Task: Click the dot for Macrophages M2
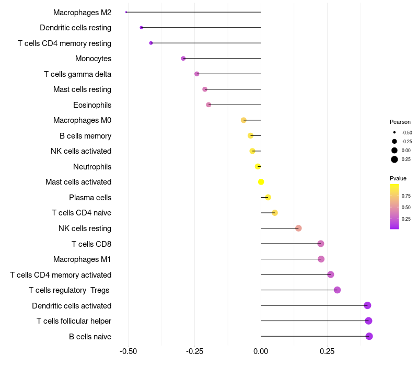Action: click(x=126, y=12)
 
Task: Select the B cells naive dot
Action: click(x=369, y=336)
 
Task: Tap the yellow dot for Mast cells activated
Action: click(x=261, y=182)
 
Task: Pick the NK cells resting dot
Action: click(x=298, y=228)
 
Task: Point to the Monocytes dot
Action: click(x=183, y=58)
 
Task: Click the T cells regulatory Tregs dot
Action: click(x=337, y=290)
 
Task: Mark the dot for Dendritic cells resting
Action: click(x=141, y=27)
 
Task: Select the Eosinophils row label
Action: click(x=92, y=105)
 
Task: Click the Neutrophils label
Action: click(x=92, y=167)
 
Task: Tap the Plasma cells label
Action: click(x=90, y=198)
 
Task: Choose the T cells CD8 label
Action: click(x=91, y=244)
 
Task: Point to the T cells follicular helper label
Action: click(x=74, y=321)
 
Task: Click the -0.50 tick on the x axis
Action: click(x=128, y=351)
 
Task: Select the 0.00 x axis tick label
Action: click(x=261, y=351)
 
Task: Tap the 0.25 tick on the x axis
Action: click(x=327, y=351)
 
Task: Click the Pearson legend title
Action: click(x=400, y=122)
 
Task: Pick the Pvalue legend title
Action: click(x=398, y=178)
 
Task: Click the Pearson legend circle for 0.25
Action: click(x=394, y=159)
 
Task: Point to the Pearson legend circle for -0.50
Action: click(x=394, y=132)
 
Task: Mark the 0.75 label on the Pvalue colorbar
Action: click(x=406, y=196)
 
